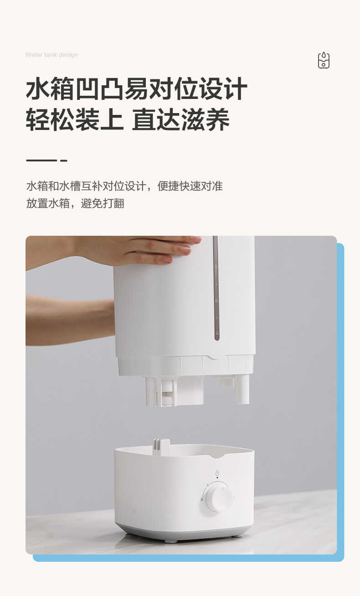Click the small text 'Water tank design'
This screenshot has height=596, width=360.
click(x=51, y=55)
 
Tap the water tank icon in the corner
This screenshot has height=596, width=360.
click(x=324, y=60)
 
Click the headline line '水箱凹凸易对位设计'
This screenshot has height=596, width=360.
click(x=136, y=89)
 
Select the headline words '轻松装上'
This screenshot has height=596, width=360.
click(x=74, y=120)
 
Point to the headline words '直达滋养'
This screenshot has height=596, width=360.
click(x=180, y=120)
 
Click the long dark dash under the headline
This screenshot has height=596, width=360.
click(x=41, y=161)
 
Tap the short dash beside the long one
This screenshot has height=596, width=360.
click(x=64, y=161)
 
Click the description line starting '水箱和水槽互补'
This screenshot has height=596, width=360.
click(x=124, y=186)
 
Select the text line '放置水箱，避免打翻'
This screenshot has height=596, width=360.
click(x=75, y=203)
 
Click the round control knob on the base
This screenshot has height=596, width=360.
click(x=218, y=498)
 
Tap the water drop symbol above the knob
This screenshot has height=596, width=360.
click(x=217, y=473)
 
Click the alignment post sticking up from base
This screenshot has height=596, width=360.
click(x=161, y=447)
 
